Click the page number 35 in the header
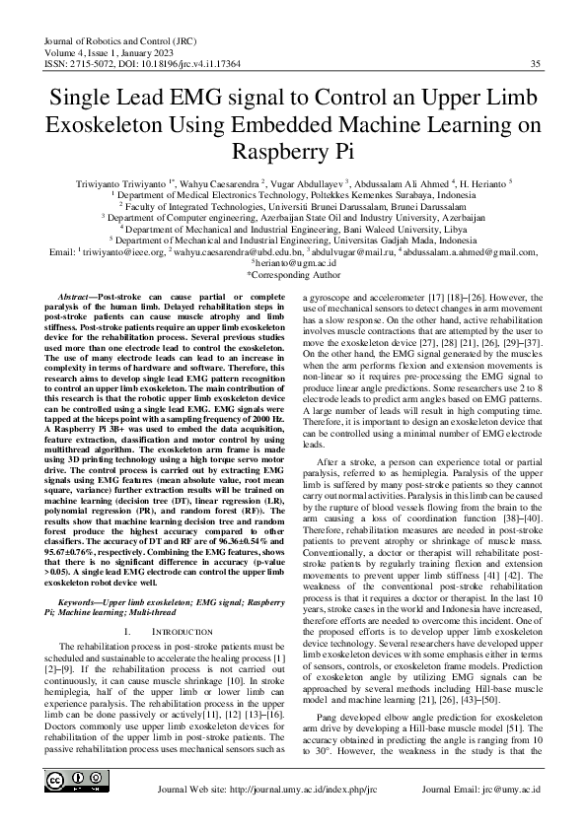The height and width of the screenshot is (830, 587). (x=535, y=64)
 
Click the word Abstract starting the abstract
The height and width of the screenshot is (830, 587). (x=80, y=297)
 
